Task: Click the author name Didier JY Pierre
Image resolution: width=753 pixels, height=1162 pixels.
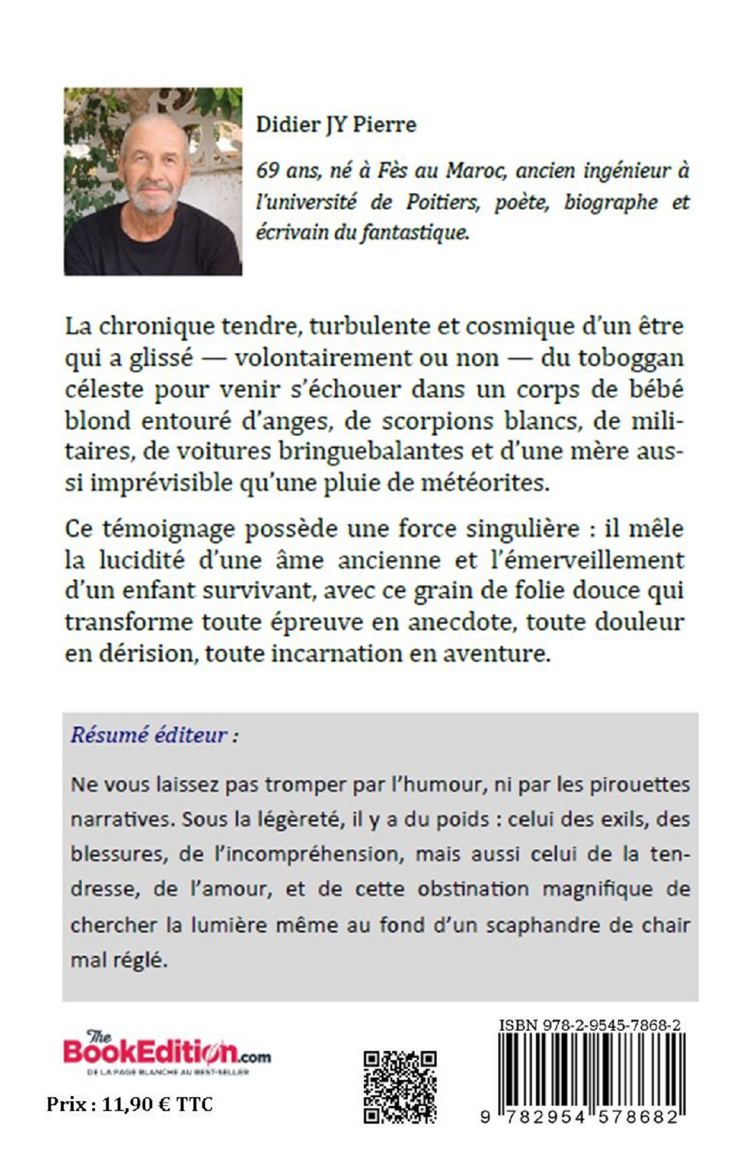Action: point(336,126)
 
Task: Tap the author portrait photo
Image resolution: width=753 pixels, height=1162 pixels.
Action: point(152,181)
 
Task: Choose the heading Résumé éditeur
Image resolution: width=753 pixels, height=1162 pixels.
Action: point(154,736)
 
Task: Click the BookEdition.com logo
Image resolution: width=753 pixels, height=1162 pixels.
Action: point(167,1051)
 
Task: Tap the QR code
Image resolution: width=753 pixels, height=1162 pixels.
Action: point(400,1079)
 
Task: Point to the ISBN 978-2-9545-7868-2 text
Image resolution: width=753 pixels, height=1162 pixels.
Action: point(589,1025)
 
